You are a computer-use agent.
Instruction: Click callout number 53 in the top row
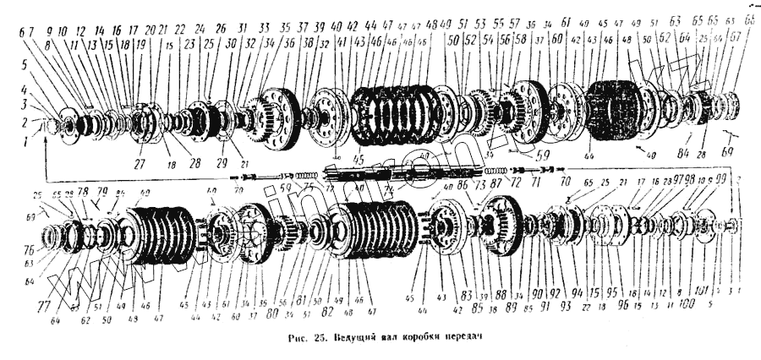tap(480, 25)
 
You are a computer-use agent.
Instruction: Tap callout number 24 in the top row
tap(200, 27)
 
